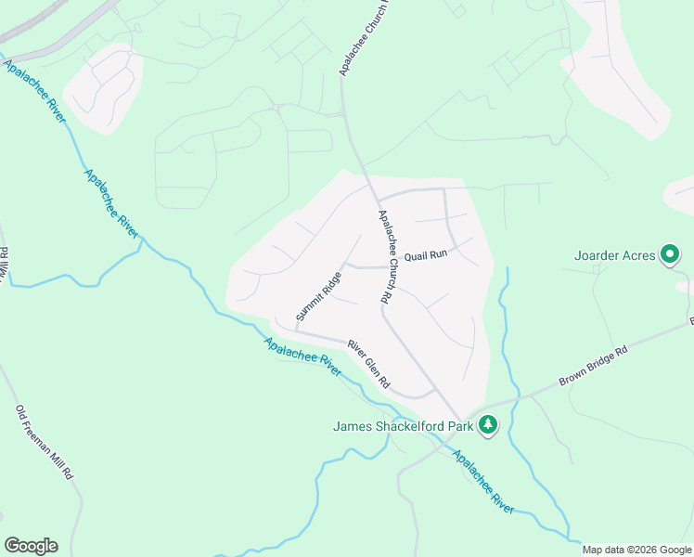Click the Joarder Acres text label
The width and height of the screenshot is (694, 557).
pyautogui.click(x=615, y=254)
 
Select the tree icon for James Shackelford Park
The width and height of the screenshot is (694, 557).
pyautogui.click(x=489, y=426)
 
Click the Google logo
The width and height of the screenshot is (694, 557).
pyautogui.click(x=31, y=546)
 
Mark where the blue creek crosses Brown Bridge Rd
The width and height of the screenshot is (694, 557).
pyautogui.click(x=508, y=398)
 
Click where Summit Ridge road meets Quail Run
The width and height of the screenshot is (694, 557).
pyautogui.click(x=345, y=266)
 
